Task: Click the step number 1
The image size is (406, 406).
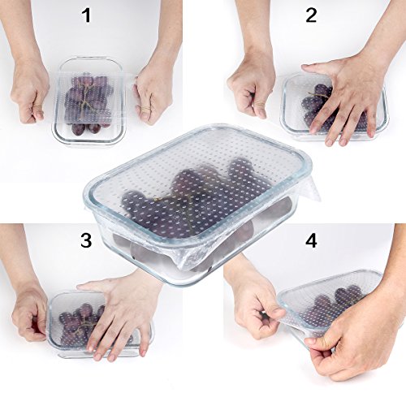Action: pyautogui.click(x=86, y=15)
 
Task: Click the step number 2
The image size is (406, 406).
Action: pyautogui.click(x=311, y=15)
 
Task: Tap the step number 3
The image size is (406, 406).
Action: pyautogui.click(x=86, y=240)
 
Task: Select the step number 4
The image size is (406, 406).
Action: pyautogui.click(x=311, y=240)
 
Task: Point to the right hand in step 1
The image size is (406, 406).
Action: pyautogui.click(x=153, y=95)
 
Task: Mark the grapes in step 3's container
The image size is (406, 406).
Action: pyautogui.click(x=79, y=325)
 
